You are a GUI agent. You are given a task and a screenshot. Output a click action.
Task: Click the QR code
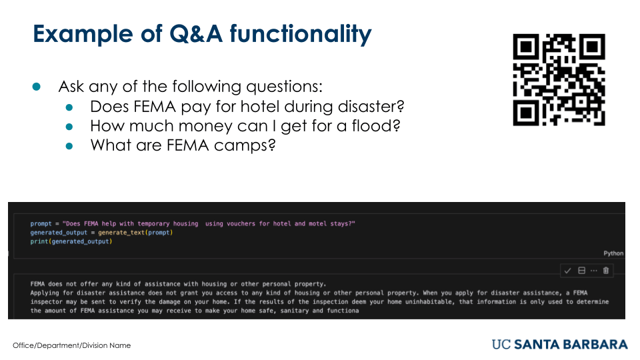pos(559,79)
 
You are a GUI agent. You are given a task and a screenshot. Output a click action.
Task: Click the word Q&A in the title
pos(196,34)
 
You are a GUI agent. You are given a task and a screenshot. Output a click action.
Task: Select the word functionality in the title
pos(301,34)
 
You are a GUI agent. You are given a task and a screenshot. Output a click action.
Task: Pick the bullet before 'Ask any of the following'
pos(36,87)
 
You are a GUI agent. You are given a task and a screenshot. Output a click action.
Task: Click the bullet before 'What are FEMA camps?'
pos(69,146)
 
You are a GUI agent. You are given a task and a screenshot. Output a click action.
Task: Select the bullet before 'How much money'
pos(69,127)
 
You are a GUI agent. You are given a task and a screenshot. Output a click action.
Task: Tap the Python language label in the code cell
pos(613,253)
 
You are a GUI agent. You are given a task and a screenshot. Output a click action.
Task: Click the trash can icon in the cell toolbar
pos(606,270)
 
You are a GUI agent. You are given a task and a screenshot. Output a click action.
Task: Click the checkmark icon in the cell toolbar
pos(567,271)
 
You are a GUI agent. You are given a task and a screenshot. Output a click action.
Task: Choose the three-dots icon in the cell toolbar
pos(594,271)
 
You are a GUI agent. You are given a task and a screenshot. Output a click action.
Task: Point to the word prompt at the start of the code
pos(41,224)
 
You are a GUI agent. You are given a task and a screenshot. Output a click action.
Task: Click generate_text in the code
pos(121,233)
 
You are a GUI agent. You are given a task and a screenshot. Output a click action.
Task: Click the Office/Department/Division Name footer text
pos(72,345)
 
